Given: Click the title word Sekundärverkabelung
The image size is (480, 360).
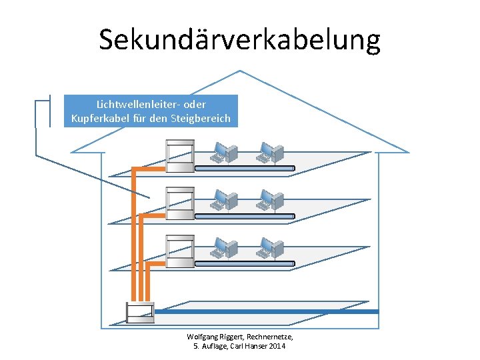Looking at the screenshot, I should click(240, 39).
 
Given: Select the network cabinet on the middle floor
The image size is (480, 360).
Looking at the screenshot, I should click(180, 203).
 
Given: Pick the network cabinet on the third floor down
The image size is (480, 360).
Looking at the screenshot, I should click(180, 251).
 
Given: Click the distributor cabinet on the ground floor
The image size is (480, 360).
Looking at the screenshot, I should click(140, 313).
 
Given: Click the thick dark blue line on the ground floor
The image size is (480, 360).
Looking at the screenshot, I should click(267, 311).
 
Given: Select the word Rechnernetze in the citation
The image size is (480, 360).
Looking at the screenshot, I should click(269, 337).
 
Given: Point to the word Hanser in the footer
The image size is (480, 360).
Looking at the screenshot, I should click(249, 347).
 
